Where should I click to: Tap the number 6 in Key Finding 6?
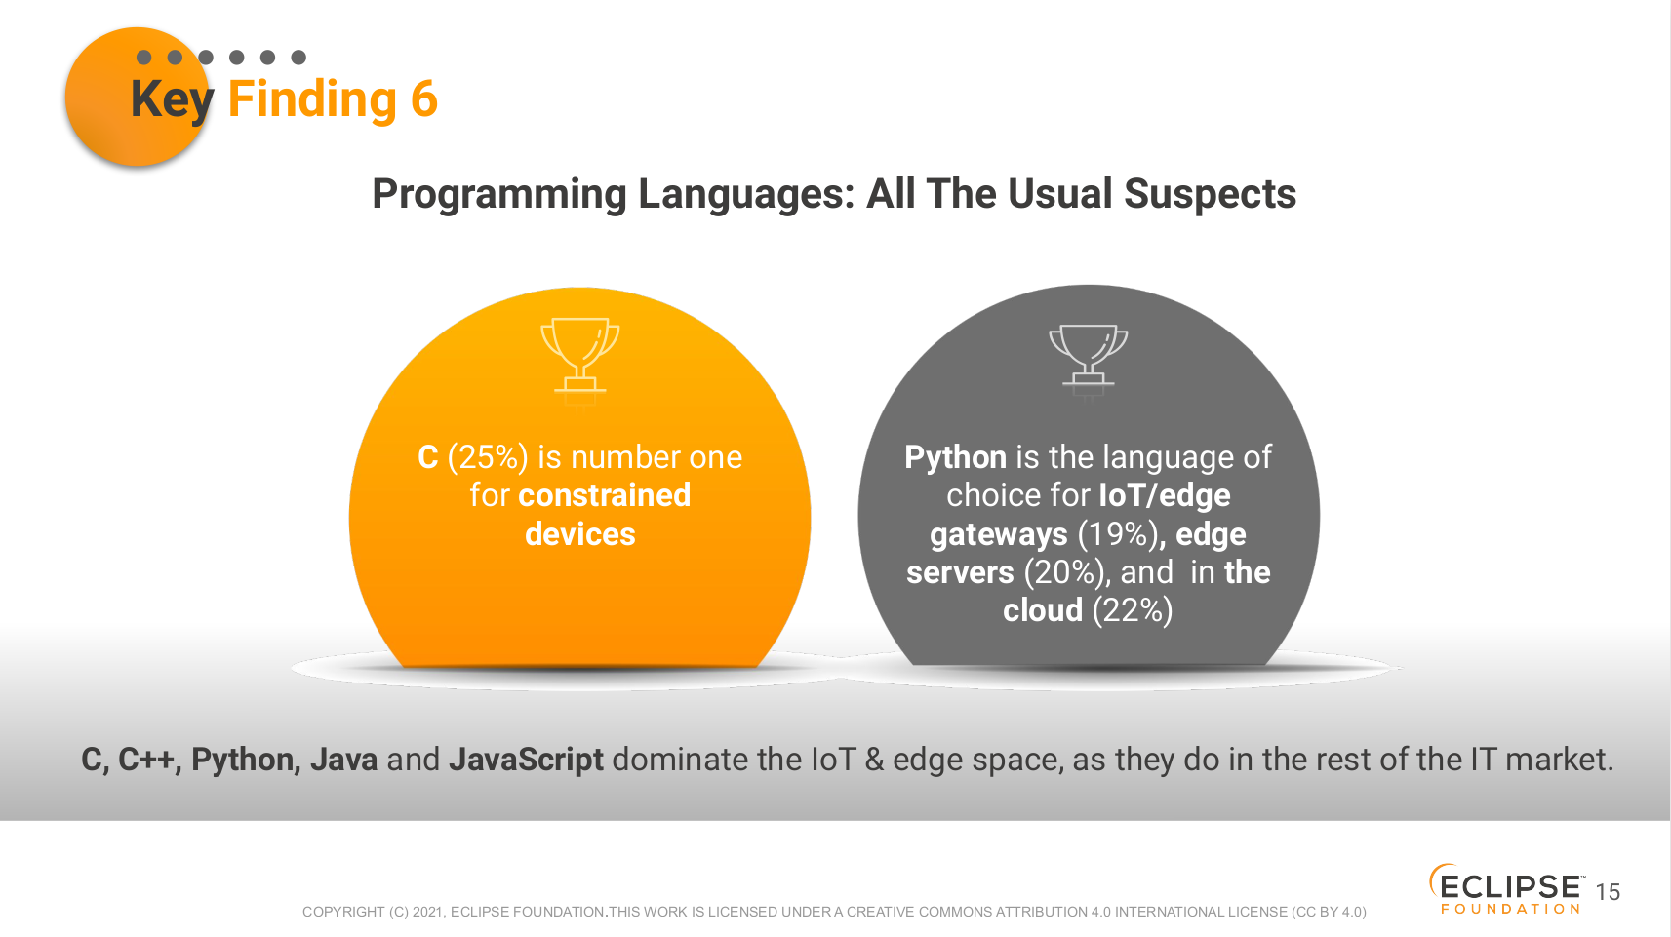pos(423,99)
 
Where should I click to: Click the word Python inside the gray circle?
pos(955,457)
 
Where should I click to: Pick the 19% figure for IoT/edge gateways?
pos(1118,534)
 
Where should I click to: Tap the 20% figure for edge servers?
pos(1064,572)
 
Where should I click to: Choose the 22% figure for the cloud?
pos(1133,610)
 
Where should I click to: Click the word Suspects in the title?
pos(1210,195)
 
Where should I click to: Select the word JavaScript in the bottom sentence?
pos(526,760)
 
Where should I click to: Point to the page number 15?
pos(1608,892)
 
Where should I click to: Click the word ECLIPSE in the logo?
pos(1510,887)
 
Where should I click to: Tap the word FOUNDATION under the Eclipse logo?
pos(1511,910)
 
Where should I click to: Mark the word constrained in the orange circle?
pos(604,495)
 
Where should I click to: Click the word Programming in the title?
pos(499,195)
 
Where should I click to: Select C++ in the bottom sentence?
pos(148,760)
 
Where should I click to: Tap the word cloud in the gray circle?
pos(1042,610)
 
